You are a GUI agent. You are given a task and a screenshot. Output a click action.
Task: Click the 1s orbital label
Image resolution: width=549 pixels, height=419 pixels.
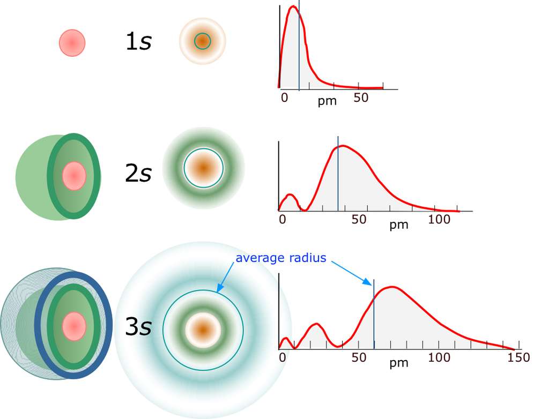[138, 42]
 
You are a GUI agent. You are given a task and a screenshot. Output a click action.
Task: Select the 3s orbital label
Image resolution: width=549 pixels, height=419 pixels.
[138, 327]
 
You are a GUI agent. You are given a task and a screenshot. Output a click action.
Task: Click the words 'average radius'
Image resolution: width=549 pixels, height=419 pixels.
[281, 258]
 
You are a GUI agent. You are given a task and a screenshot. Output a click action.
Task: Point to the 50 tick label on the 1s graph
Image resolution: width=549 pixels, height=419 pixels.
[361, 98]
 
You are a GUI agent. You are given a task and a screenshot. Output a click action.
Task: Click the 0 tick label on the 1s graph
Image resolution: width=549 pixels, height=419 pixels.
[285, 98]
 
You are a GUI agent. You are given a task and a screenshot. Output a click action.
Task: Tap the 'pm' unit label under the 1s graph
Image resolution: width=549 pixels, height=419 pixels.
[327, 101]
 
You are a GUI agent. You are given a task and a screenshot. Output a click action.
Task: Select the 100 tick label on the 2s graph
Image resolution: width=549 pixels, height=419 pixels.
[439, 219]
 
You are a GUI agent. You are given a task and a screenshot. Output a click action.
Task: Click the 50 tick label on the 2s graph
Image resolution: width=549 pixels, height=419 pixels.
[359, 219]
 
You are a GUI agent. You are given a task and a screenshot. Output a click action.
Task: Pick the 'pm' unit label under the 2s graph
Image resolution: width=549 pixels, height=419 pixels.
[398, 225]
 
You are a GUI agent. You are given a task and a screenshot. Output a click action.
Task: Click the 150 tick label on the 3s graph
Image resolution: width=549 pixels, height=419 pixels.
[518, 357]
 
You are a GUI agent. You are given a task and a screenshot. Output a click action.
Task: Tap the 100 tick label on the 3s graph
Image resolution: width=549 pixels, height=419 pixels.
[439, 357]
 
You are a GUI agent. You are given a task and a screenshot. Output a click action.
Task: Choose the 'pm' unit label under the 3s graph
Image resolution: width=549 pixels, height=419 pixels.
[398, 363]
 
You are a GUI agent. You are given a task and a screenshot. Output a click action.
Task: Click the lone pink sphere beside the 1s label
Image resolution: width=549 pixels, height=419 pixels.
[72, 43]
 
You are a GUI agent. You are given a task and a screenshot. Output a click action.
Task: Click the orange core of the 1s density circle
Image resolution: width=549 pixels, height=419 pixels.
[202, 41]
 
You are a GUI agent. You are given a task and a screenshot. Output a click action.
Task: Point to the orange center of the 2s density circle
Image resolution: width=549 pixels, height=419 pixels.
[203, 168]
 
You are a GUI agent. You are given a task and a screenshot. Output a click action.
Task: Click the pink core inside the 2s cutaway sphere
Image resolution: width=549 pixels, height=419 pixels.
[74, 176]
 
